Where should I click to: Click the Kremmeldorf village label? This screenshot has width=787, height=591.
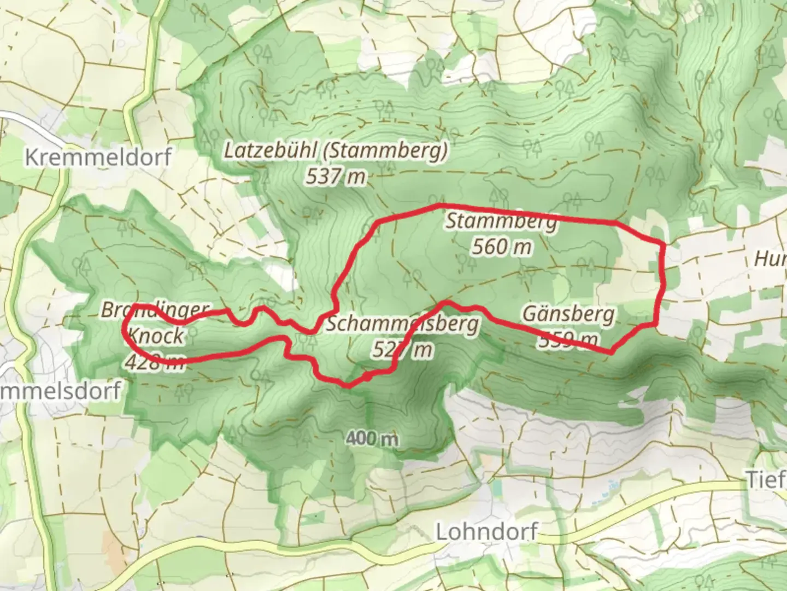[x=98, y=157]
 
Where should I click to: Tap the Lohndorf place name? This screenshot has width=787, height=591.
[x=486, y=531]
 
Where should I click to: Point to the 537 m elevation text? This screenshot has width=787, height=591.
[x=336, y=176]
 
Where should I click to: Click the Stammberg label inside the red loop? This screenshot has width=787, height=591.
[x=502, y=222]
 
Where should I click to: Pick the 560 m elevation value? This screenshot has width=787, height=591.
[x=502, y=247]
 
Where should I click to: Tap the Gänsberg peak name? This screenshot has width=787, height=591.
[x=568, y=315]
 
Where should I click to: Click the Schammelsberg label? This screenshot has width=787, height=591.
[x=402, y=324]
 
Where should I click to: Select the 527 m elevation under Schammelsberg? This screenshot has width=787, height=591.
[x=402, y=349]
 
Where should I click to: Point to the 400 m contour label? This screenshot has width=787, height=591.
[x=372, y=438]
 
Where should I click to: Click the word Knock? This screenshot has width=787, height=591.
[x=156, y=336]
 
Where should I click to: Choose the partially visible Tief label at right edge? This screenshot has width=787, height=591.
[x=766, y=480]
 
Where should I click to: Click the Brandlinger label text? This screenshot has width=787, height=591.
[x=155, y=310]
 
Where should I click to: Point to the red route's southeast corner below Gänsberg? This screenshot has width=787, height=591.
[x=611, y=352]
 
